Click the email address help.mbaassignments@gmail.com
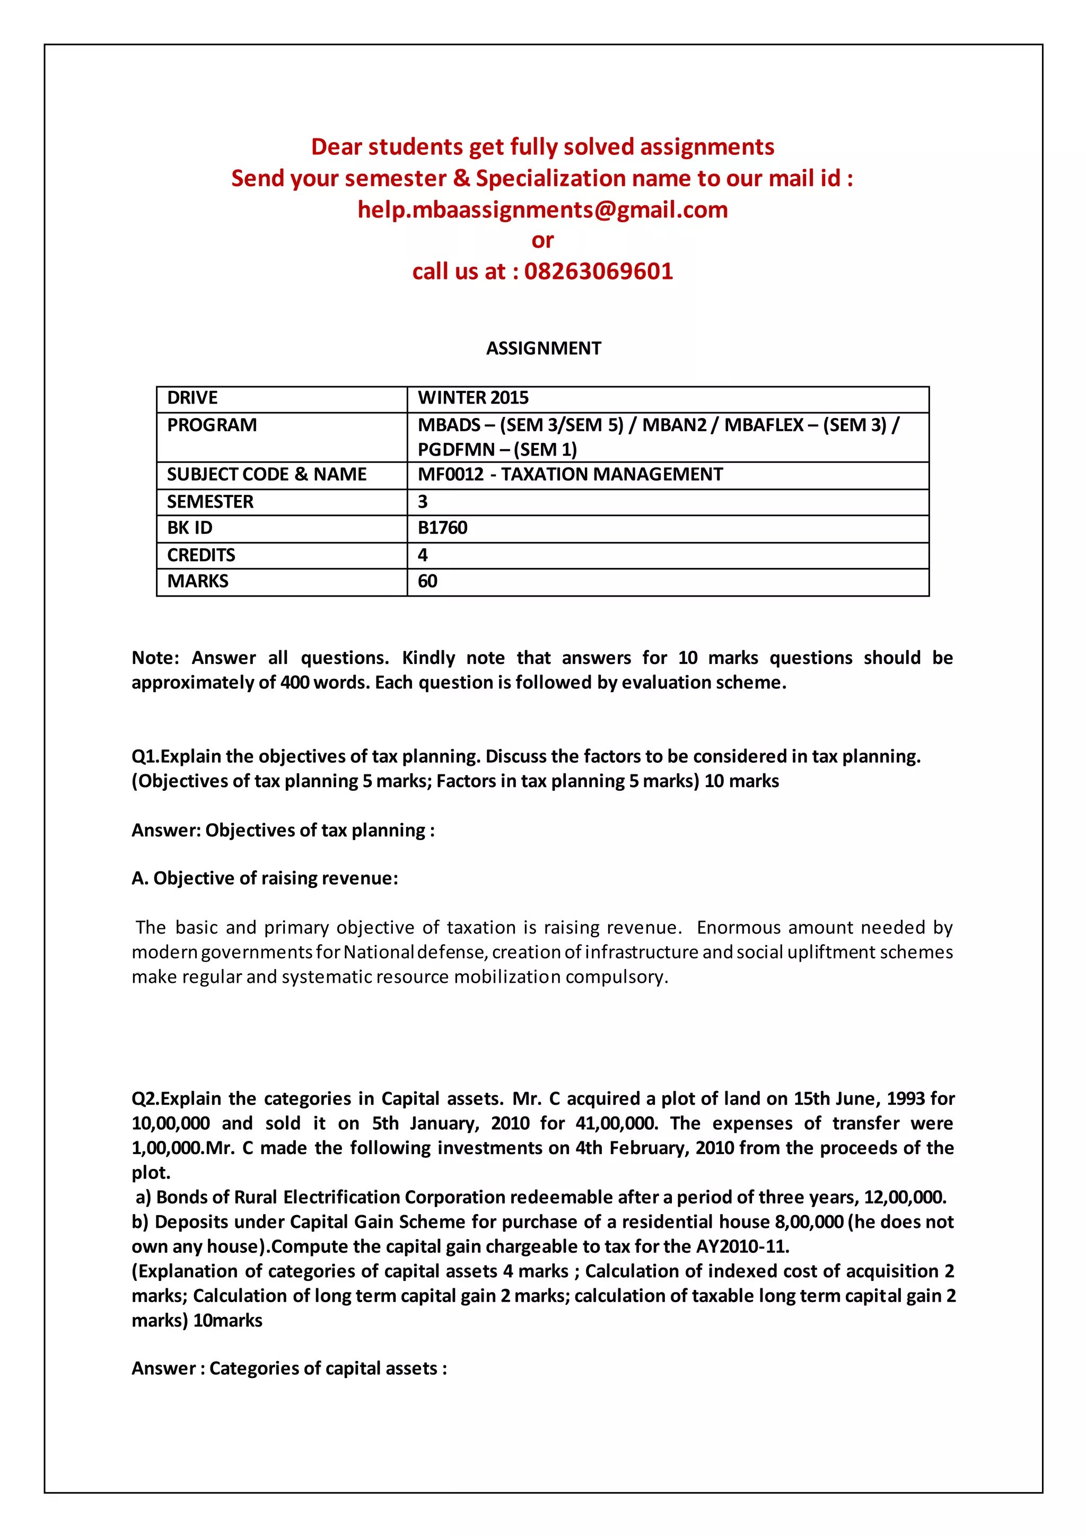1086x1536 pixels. point(542,210)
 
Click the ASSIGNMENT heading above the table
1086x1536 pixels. point(543,348)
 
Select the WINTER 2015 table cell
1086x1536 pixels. point(473,398)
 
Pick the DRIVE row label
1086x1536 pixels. point(192,398)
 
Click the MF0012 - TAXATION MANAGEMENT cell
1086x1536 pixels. point(570,474)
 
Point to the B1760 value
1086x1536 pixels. point(442,528)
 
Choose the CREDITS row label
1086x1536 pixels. point(200,555)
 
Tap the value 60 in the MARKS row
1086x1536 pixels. point(427,581)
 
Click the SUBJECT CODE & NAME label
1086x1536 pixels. point(266,474)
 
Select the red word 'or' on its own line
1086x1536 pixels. point(542,241)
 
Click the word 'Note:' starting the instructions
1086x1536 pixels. point(155,658)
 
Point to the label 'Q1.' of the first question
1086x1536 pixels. point(145,757)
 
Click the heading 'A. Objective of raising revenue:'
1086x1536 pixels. point(265,878)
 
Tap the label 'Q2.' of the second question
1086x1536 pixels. point(145,1099)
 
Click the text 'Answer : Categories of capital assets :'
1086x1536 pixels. point(289,1368)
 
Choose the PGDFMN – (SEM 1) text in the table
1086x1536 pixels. point(497,450)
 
